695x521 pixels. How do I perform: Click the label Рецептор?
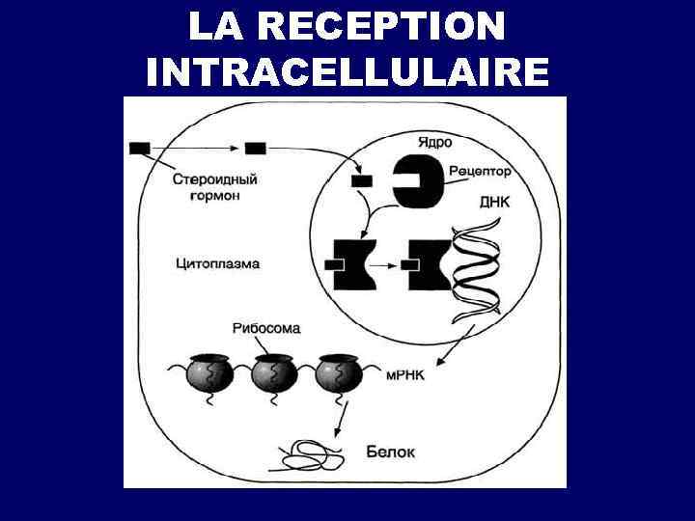coord(481,172)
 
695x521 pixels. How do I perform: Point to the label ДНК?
coord(495,203)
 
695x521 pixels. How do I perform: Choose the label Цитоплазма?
coord(218,262)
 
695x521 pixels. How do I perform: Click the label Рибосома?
coord(266,328)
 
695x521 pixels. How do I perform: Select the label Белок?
coord(391,451)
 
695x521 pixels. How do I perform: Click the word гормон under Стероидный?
coord(215,195)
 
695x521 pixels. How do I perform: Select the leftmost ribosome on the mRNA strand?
coord(209,372)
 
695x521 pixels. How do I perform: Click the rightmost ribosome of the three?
coord(337,372)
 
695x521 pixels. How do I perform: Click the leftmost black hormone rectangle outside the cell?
coord(139,148)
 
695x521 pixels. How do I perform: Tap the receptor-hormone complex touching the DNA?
coord(428,264)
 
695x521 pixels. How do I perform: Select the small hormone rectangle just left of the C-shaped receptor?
coord(362,180)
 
